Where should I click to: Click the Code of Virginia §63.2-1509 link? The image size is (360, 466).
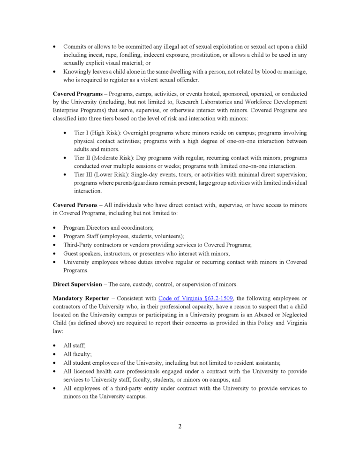point(195,298)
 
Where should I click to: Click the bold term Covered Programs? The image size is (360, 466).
point(77,94)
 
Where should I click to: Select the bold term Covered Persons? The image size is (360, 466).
point(75,205)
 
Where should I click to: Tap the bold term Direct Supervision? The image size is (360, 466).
point(77,284)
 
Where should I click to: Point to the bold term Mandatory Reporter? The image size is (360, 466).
point(81,298)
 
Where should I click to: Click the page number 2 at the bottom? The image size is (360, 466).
point(180,426)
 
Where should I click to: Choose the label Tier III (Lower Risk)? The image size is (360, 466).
point(101,174)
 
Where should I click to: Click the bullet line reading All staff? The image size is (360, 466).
point(74,346)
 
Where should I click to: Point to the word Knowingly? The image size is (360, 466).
point(78,72)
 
